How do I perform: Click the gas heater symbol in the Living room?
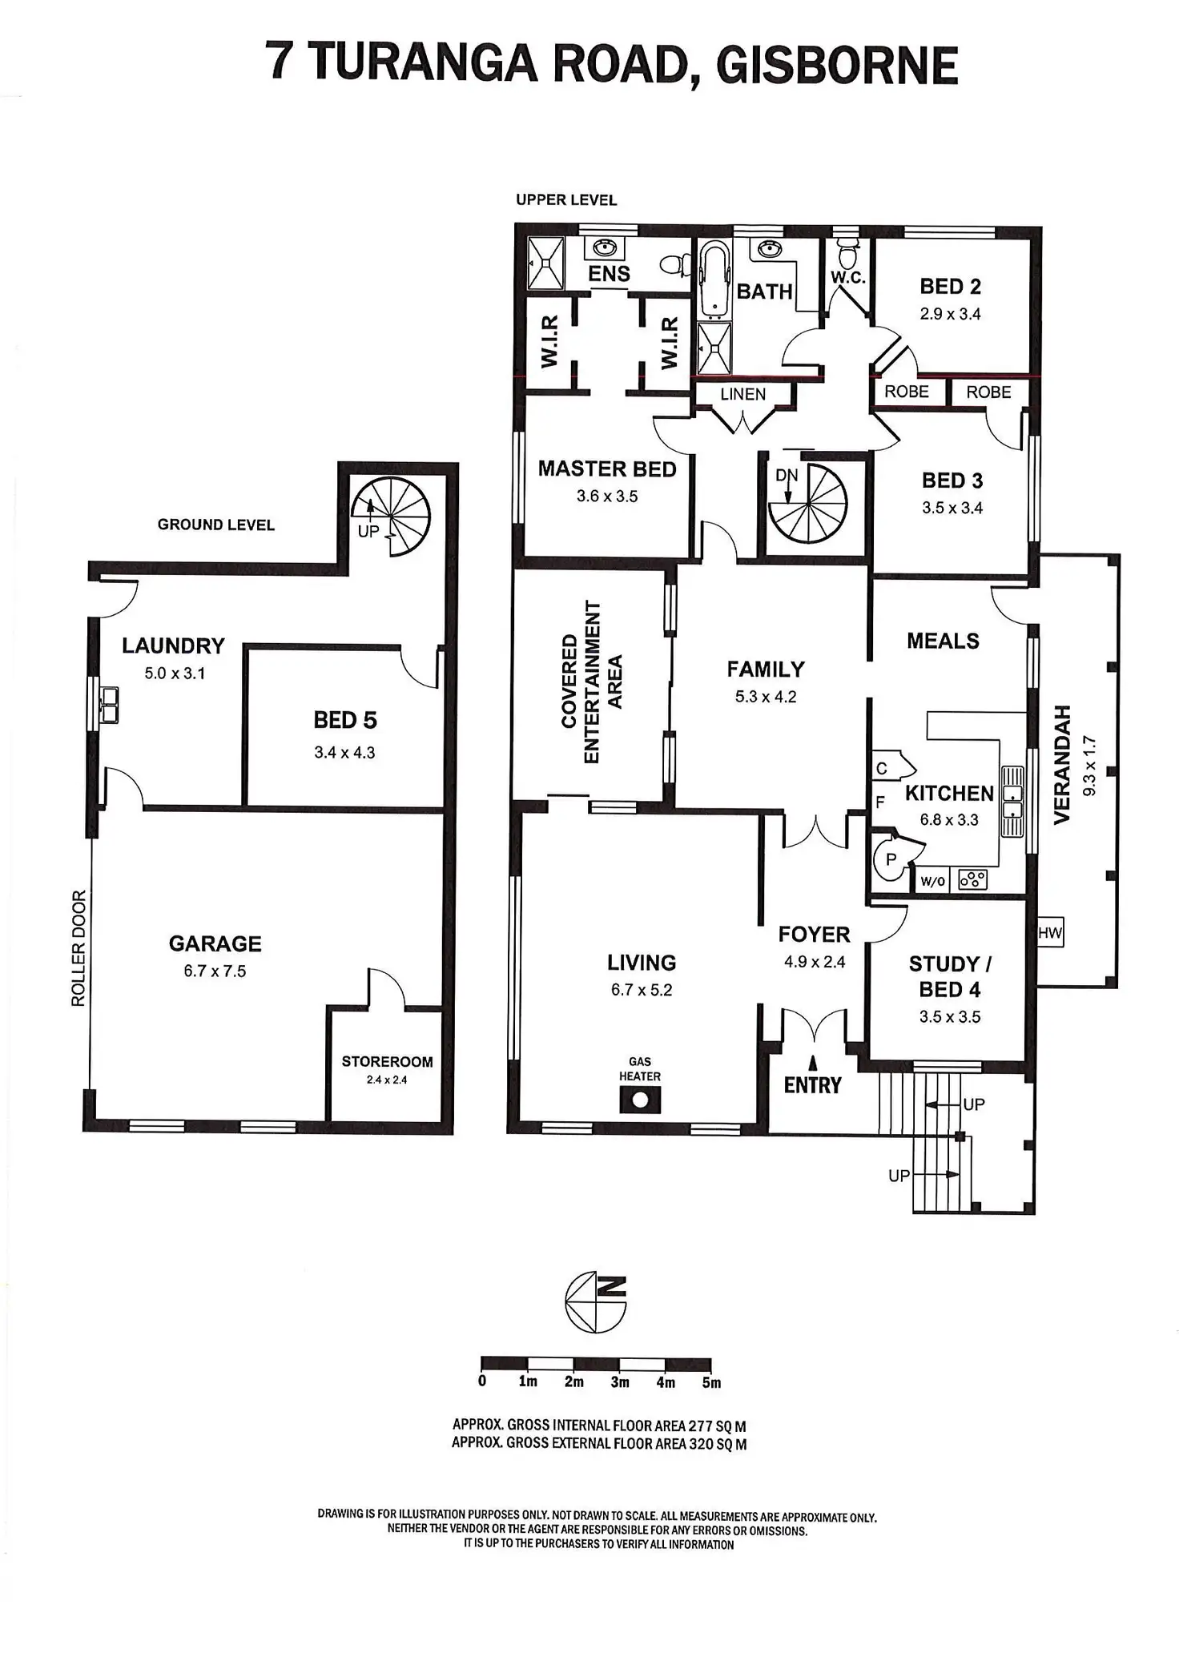pos(640,1100)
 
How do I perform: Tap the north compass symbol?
pos(596,1301)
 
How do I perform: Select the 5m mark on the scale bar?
pos(711,1382)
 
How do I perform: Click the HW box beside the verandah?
pos(1049,933)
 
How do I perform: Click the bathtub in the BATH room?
pos(714,280)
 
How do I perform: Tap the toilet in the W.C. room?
pos(845,255)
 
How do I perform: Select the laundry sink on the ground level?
pos(108,703)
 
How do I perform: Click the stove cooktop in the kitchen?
pos(972,880)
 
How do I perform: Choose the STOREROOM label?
pos(387,1062)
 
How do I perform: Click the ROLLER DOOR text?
pos(78,948)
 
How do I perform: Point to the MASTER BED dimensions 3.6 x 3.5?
pos(607,497)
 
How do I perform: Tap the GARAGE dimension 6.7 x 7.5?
pos(215,971)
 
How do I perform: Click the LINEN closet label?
pos(742,394)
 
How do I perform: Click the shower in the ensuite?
pos(545,263)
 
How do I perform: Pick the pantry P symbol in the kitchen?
pos(891,860)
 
